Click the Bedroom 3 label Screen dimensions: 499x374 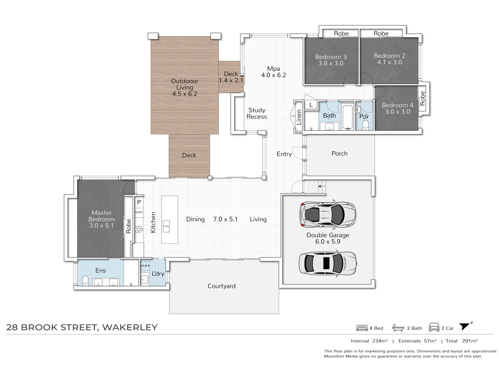pos(331,57)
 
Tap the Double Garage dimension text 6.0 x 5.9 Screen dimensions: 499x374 pos(328,241)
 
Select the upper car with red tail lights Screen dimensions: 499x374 pos(328,214)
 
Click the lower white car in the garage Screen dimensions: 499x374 pos(328,263)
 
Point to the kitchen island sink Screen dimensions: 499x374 pos(166,226)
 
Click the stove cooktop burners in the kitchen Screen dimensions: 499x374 pos(139,229)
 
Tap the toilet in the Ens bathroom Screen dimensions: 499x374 pos(85,281)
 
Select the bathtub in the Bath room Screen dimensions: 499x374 pos(348,117)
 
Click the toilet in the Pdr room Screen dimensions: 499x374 pos(365,126)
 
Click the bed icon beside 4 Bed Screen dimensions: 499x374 pos(362,328)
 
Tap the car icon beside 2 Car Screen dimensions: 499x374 pos(434,327)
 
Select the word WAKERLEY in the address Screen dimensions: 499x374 pos(130,328)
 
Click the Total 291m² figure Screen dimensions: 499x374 pos(461,341)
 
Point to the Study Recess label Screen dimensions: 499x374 pos(257,113)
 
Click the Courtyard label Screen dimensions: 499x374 pos(221,286)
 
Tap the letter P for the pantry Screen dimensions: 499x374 pos(139,202)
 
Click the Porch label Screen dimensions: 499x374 pos(339,154)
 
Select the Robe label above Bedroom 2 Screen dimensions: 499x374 pos(381,33)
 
